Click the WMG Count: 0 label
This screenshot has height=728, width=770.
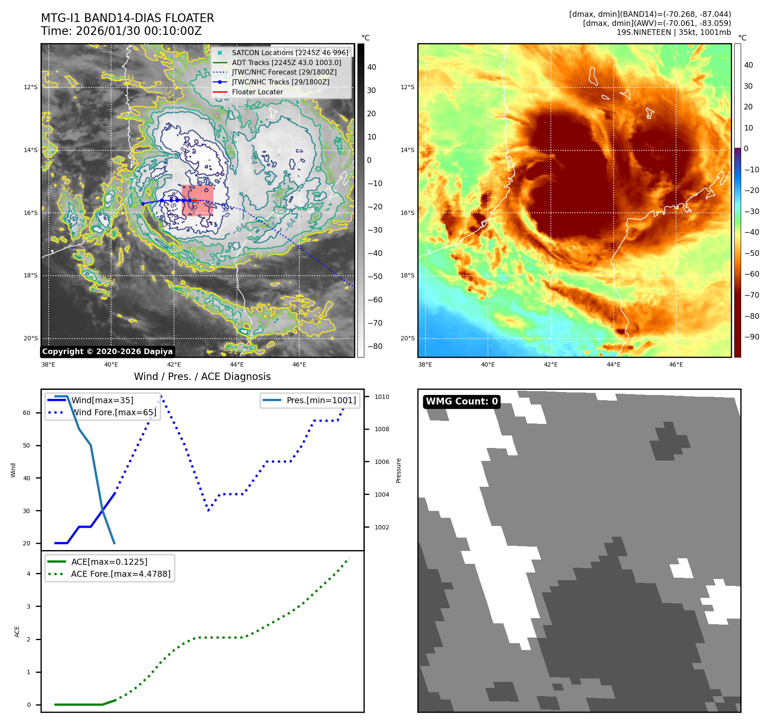pyautogui.click(x=462, y=401)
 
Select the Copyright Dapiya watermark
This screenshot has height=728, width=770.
pyautogui.click(x=107, y=352)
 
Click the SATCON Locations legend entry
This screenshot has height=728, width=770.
pyautogui.click(x=290, y=53)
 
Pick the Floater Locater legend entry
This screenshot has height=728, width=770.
pyautogui.click(x=257, y=92)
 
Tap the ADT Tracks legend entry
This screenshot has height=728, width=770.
pyautogui.click(x=286, y=62)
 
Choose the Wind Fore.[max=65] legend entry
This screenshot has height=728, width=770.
pyautogui.click(x=114, y=412)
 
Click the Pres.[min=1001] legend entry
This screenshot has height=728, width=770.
pyautogui.click(x=321, y=400)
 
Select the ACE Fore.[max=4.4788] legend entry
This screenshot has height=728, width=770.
pyautogui.click(x=121, y=574)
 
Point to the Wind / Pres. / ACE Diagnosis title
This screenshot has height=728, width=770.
pyautogui.click(x=202, y=376)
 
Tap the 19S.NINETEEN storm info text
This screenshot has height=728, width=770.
pyautogui.click(x=674, y=32)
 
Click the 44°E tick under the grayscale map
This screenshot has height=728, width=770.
pyautogui.click(x=237, y=364)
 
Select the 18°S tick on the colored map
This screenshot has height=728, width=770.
pyautogui.click(x=407, y=275)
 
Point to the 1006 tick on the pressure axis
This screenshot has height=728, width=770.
pyautogui.click(x=382, y=462)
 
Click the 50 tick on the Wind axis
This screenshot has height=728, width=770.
pyautogui.click(x=27, y=445)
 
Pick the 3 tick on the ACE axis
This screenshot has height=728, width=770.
pyautogui.click(x=29, y=607)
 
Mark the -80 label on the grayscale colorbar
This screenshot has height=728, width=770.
pyautogui.click(x=375, y=346)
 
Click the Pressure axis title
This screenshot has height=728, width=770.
pyautogui.click(x=399, y=470)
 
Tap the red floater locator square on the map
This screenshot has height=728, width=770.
pyautogui.click(x=197, y=200)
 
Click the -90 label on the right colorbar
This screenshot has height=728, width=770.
pyautogui.click(x=752, y=337)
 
